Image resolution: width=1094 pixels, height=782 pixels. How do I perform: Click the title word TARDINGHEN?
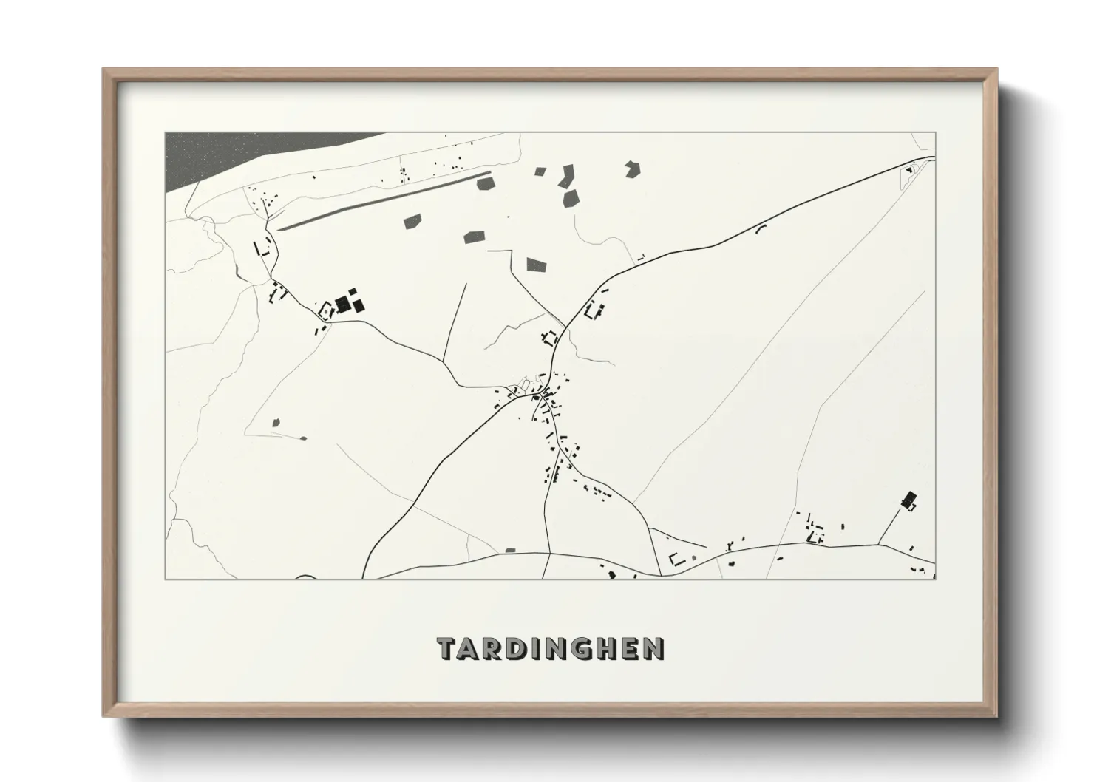pos(551,648)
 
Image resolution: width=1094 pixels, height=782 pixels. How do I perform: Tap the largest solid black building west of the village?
pos(342,305)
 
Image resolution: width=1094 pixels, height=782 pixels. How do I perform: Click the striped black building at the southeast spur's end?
pos(908,499)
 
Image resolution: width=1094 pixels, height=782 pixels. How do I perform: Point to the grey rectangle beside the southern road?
pos(509,550)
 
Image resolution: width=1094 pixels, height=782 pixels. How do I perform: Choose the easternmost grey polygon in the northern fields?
pos(631,169)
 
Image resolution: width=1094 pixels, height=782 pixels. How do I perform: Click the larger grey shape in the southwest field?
pos(276,423)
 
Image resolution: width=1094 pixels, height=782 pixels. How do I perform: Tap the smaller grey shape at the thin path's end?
pos(303,438)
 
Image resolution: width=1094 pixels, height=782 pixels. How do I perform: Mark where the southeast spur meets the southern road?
pos(879,544)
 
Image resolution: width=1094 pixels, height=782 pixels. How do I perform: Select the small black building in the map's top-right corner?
pos(907,171)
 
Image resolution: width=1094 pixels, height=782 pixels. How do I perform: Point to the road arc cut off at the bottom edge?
pos(305,577)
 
